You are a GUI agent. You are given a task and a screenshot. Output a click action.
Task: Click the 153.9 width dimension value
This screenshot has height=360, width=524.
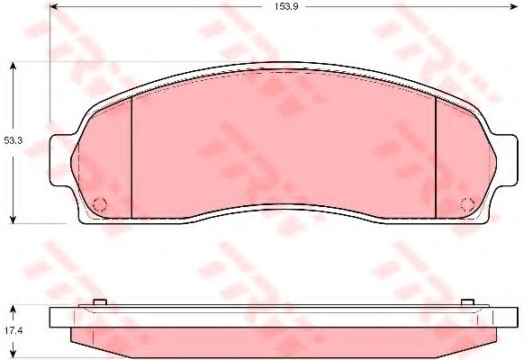click(286, 6)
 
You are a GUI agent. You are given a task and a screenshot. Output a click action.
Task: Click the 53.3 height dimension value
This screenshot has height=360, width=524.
click(13, 140)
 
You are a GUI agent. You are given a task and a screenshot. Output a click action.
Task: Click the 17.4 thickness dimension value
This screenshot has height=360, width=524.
click(13, 331)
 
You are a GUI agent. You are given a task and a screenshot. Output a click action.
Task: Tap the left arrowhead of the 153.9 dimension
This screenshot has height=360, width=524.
click(54, 6)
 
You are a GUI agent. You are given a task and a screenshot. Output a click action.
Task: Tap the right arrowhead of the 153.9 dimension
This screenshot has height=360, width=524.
click(513, 6)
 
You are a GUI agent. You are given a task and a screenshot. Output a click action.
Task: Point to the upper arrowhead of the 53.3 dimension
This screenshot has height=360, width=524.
click(13, 66)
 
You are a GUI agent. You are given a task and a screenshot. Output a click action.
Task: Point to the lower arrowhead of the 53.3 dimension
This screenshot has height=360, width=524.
click(13, 220)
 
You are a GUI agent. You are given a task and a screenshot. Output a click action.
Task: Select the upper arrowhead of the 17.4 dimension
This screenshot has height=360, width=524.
click(13, 309)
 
